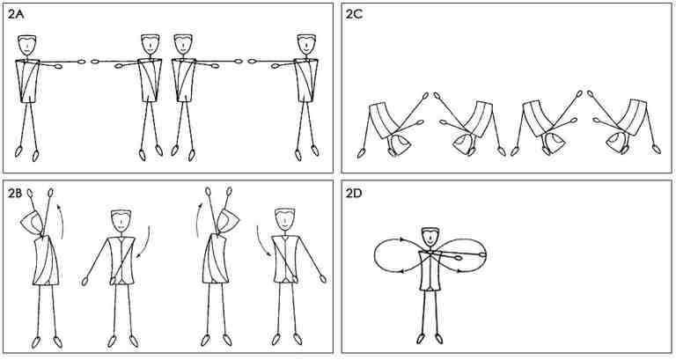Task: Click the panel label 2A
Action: (16, 15)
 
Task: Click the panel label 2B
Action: (15, 193)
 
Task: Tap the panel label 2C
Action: (354, 15)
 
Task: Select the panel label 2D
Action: (354, 193)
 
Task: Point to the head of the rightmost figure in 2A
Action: (305, 45)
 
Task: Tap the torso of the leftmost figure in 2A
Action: (27, 81)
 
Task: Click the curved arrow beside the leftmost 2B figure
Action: (62, 222)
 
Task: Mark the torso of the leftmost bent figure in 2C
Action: (385, 117)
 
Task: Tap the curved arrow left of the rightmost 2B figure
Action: (261, 241)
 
